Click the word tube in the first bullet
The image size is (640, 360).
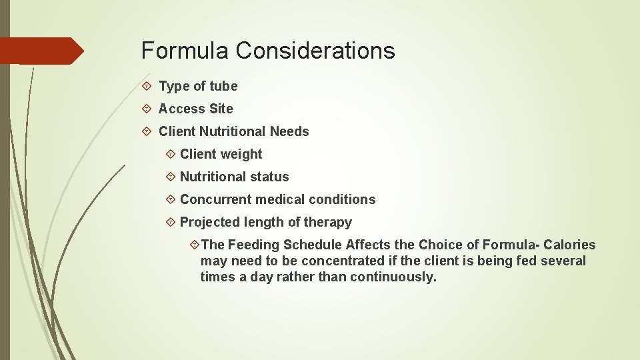point(223,86)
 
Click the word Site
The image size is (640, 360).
point(221,109)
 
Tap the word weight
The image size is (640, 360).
point(241,154)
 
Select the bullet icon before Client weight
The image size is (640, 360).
point(170,154)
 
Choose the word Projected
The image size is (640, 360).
point(209,222)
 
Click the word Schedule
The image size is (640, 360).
point(313,245)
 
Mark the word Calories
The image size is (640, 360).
point(569,245)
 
